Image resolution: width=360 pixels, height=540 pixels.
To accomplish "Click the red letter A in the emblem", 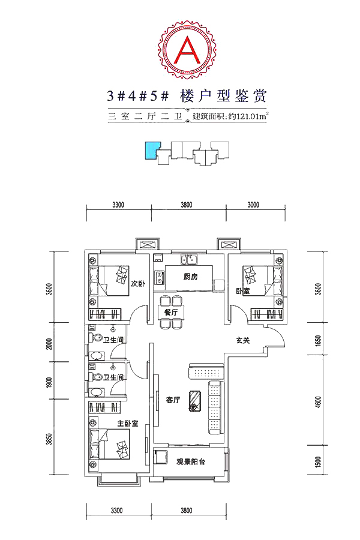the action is click(188, 50).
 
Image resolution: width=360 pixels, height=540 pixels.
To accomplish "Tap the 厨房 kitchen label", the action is click(191, 277).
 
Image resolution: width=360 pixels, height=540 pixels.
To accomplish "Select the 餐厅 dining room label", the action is click(171, 313).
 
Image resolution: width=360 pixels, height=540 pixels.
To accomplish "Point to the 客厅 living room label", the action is click(173, 400).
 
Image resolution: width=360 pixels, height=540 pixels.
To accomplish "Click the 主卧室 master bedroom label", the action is click(127, 423).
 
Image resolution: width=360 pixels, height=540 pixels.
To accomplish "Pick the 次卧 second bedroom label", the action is click(138, 284).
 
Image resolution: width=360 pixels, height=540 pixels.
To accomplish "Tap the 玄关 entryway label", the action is click(243, 340).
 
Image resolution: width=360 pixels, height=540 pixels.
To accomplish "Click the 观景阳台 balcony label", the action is click(191, 462).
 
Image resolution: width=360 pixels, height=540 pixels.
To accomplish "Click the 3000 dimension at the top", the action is click(253, 205).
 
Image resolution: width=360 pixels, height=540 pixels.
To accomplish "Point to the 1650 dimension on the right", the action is click(318, 340).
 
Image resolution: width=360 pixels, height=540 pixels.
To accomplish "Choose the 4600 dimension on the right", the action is click(318, 402).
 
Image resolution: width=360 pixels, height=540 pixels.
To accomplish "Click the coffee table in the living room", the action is click(194, 401).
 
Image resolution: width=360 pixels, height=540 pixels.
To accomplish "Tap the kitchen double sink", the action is click(189, 260).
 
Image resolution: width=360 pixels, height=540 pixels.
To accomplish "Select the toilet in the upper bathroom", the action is click(96, 338).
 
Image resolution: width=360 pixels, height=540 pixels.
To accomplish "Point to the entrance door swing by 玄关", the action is click(276, 336).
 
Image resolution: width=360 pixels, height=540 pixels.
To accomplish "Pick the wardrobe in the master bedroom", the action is click(105, 407).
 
